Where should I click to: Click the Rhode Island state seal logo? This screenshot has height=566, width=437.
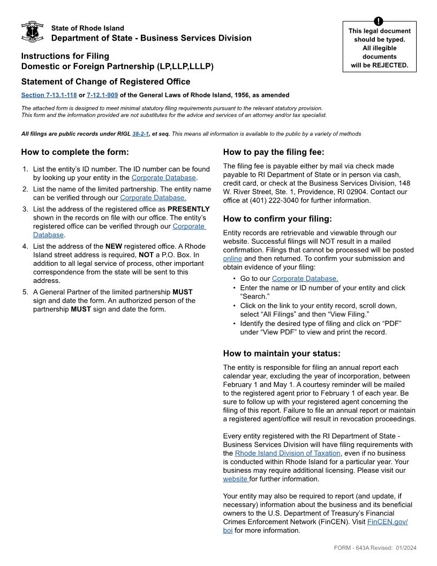point(32,32)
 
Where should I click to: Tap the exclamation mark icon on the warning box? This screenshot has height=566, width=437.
point(379,21)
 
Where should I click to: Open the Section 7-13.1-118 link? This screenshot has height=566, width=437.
point(49,95)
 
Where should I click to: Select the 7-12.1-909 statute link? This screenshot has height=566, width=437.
point(102,95)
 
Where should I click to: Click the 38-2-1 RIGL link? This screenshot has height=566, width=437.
point(140,134)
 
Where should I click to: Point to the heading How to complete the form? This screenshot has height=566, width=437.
point(75,152)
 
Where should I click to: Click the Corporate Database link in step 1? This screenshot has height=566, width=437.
point(163,178)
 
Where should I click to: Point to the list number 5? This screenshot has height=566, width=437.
point(25,292)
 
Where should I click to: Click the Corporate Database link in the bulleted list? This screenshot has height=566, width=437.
point(305,279)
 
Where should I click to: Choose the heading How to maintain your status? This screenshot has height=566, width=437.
point(282,354)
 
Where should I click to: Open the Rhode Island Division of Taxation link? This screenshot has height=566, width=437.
point(288,453)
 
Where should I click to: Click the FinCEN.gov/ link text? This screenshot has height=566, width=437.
point(387,522)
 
